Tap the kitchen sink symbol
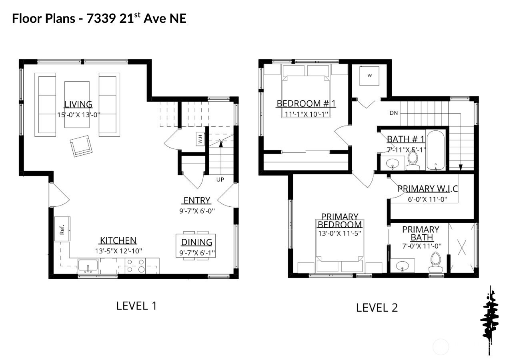[88, 266]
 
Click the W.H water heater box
[200, 139]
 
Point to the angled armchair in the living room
[81, 146]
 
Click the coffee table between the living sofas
[77, 104]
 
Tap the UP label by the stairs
[220, 180]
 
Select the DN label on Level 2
[393, 113]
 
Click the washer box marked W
[369, 76]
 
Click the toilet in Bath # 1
[413, 160]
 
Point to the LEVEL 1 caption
[136, 306]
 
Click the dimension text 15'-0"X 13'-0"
[78, 114]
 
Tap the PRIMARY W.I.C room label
[427, 189]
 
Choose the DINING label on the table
[196, 242]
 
